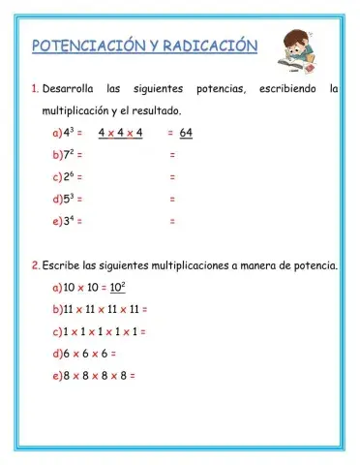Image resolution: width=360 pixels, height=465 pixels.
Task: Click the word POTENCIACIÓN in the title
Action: (x=88, y=46)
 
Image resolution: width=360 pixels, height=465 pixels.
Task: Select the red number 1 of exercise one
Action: (x=34, y=90)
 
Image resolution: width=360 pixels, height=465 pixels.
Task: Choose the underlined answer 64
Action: (x=186, y=134)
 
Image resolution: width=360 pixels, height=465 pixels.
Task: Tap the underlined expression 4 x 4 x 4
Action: (x=120, y=134)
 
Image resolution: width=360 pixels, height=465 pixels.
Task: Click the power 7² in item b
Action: (x=68, y=155)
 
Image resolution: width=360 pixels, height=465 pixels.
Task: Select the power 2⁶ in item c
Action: (x=68, y=177)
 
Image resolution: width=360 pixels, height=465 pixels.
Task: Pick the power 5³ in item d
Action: (x=68, y=200)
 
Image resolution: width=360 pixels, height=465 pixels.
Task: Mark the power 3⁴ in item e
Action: (x=68, y=222)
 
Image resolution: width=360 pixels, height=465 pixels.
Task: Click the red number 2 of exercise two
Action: (x=34, y=264)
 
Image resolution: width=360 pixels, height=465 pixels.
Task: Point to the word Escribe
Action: (x=62, y=264)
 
